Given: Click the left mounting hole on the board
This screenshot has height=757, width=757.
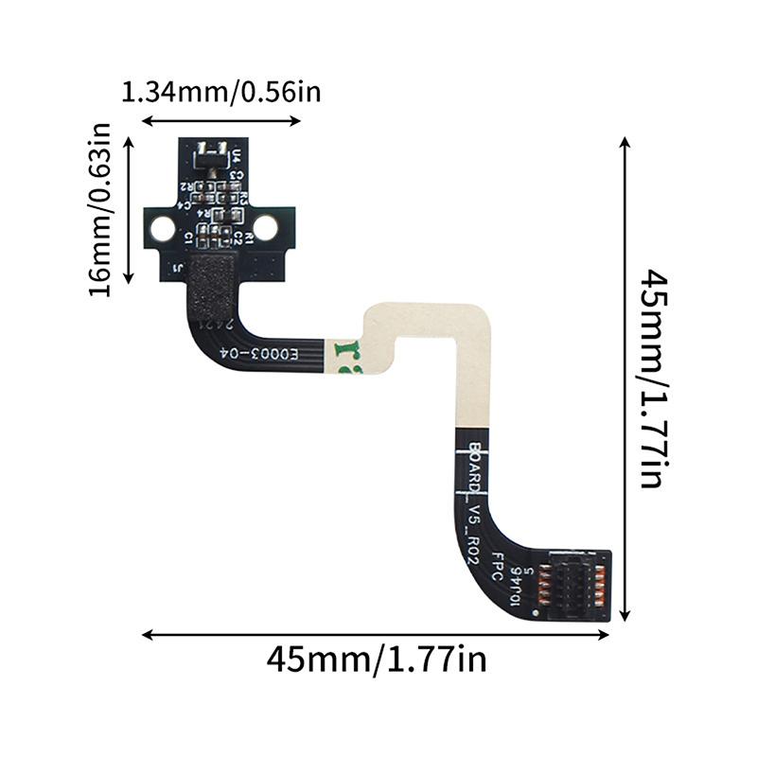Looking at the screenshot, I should [x=163, y=227].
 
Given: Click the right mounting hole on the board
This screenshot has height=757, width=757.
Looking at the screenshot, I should [x=266, y=227].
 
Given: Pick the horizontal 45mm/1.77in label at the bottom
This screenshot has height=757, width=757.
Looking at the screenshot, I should [x=377, y=658].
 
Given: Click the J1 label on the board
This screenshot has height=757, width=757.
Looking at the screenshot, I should [x=179, y=268].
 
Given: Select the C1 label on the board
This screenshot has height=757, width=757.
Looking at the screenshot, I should [x=189, y=236].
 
